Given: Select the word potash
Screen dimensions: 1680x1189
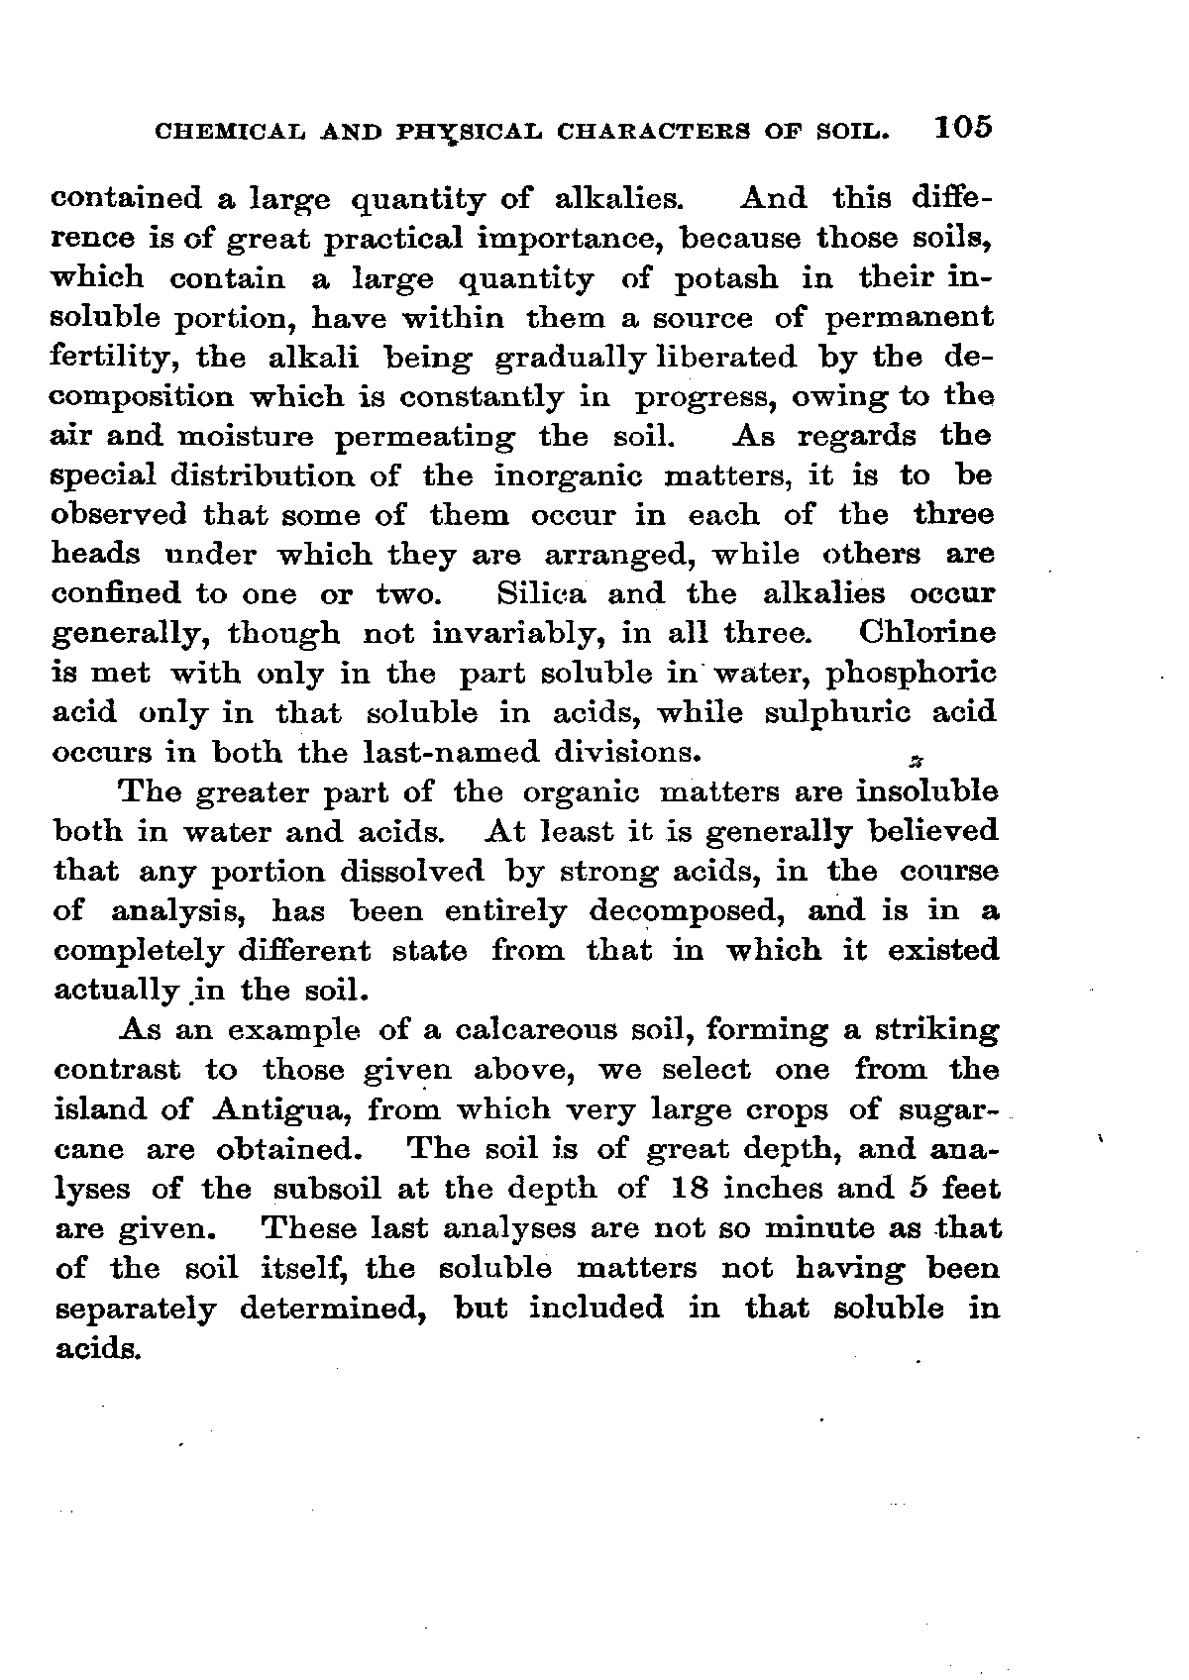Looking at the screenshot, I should click(x=725, y=278).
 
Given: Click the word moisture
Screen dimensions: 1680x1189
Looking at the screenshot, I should click(x=246, y=437).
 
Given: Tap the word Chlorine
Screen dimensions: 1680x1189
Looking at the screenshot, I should click(x=927, y=633).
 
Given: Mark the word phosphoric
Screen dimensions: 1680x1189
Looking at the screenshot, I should click(x=912, y=674).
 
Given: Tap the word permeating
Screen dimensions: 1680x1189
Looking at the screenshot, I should click(x=425, y=437).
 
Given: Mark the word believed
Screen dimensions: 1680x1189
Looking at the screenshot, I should click(x=929, y=832).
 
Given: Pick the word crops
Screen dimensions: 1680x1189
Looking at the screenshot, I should click(x=785, y=1109).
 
